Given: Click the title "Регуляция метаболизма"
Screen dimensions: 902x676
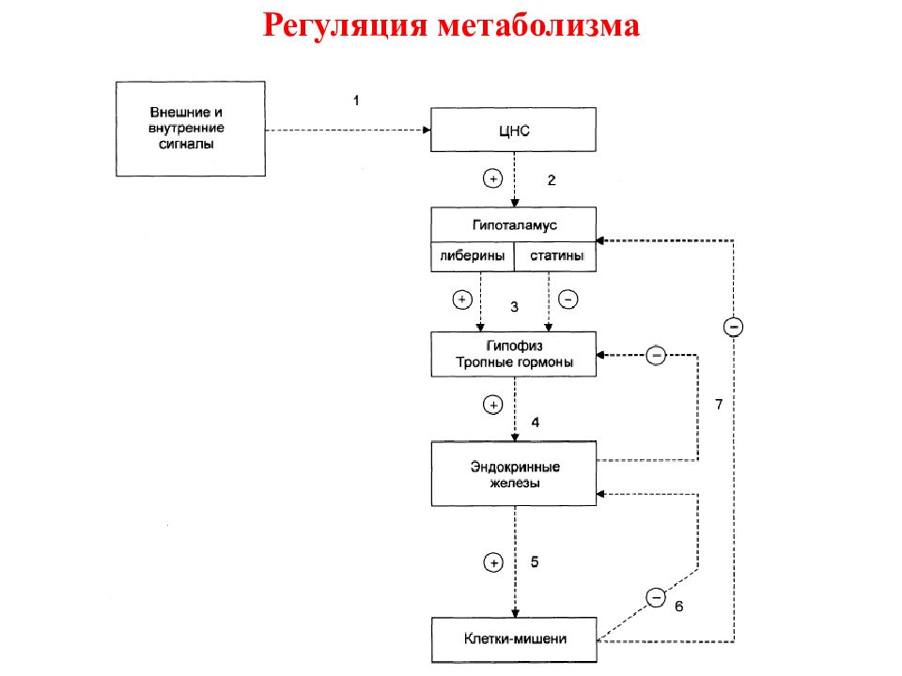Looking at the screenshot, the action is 451,26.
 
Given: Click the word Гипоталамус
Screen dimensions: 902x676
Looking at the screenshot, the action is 514,225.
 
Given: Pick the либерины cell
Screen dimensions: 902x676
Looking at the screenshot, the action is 473,256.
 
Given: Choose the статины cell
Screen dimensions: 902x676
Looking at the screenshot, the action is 555,256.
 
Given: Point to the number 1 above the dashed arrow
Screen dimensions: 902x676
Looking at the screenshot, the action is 356,100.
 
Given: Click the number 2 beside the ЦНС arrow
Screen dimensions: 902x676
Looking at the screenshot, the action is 552,180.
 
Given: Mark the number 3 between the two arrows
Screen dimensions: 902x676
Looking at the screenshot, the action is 514,307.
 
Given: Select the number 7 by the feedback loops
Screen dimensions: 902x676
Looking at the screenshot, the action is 719,405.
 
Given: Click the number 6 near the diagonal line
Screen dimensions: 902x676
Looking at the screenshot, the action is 678,607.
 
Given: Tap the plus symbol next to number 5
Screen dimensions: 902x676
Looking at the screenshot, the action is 493,562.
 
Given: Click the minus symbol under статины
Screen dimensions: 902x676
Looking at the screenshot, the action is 568,300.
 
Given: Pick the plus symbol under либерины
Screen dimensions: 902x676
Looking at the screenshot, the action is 462,300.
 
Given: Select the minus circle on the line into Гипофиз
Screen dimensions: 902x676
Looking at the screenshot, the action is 656,355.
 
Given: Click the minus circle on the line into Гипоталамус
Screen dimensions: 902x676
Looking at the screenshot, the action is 734,327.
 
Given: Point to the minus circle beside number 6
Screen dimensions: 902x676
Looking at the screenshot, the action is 656,598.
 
